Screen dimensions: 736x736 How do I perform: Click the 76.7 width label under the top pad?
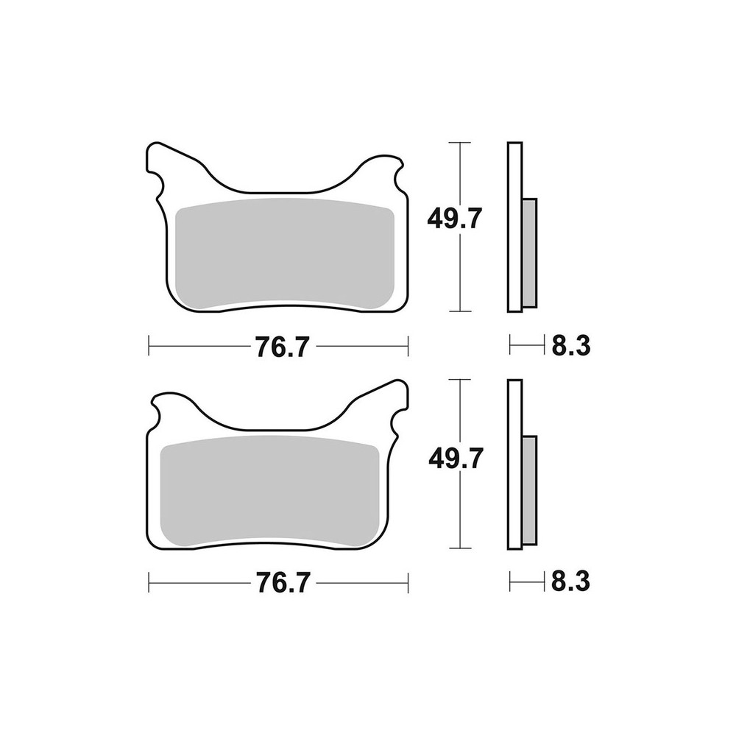(283, 347)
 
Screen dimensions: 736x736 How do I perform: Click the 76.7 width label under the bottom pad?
(283, 583)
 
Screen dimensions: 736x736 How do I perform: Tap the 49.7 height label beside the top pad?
(454, 219)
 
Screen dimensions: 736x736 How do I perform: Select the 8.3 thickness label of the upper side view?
(570, 347)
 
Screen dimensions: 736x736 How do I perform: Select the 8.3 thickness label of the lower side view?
(570, 582)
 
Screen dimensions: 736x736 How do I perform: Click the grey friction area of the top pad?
(285, 253)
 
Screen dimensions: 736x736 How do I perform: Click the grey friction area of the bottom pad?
(269, 491)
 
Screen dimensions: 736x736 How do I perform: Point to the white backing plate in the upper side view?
(514, 227)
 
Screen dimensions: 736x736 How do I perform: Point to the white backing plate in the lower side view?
(514, 464)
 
